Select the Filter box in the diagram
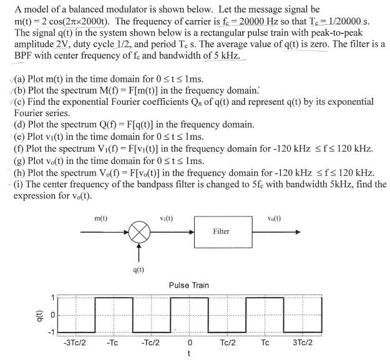221,231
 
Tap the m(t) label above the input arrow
100,219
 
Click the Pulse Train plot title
189,285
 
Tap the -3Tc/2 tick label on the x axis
76,343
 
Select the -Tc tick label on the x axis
113,343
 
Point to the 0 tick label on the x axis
189,343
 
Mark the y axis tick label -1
52,330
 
